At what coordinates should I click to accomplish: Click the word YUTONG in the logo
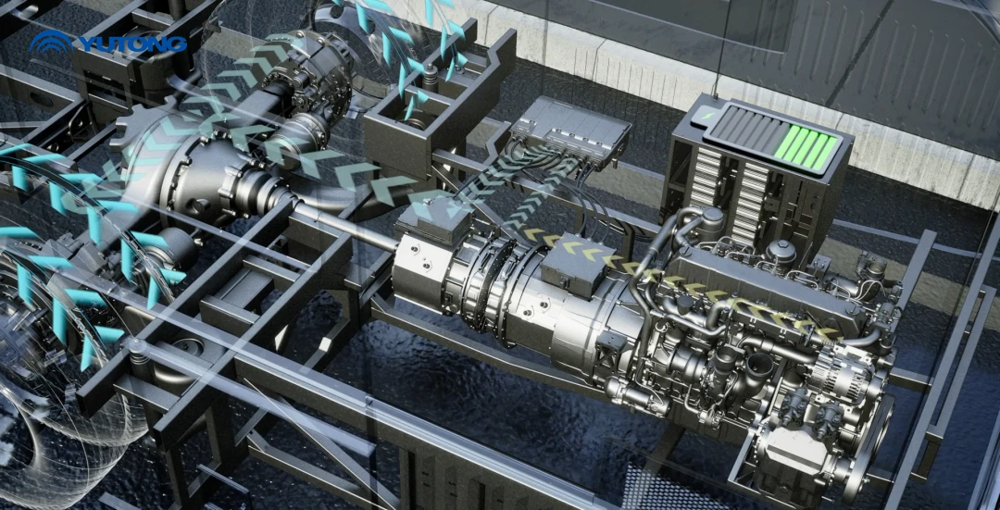(x=132, y=44)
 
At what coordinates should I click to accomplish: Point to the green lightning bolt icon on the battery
(x=706, y=116)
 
